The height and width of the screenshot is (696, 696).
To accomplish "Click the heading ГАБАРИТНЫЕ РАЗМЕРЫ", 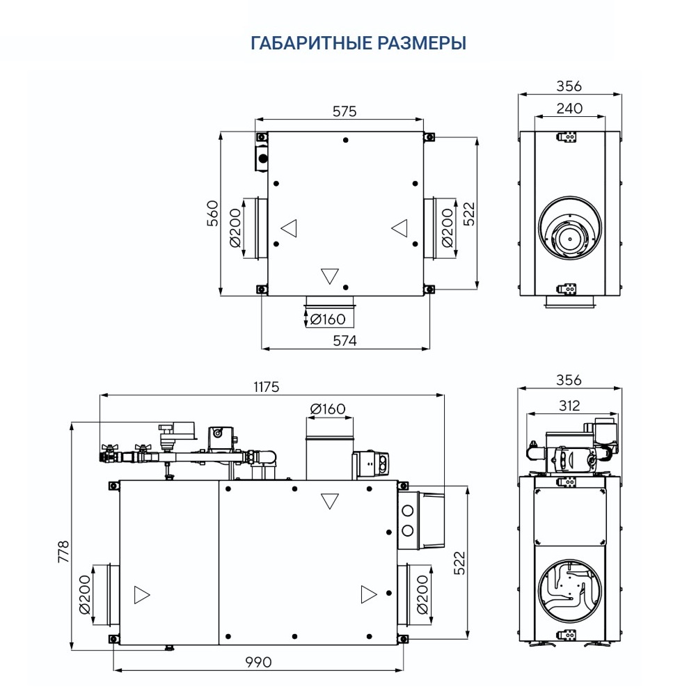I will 358,43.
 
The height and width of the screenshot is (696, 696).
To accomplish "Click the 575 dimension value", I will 344,111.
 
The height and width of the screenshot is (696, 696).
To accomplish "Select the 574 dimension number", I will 344,340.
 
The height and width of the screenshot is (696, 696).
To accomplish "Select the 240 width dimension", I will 569,109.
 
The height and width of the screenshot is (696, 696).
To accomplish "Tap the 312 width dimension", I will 569,405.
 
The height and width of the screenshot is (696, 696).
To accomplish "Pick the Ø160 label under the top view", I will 328,319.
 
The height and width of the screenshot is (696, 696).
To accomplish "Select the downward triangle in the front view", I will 329,500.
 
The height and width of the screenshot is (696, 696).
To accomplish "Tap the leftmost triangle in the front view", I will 141,595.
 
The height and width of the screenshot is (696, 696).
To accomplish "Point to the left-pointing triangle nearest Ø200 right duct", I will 399,227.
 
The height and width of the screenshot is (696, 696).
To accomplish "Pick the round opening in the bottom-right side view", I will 569,590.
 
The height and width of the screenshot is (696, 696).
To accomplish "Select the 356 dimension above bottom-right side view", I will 569,381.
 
